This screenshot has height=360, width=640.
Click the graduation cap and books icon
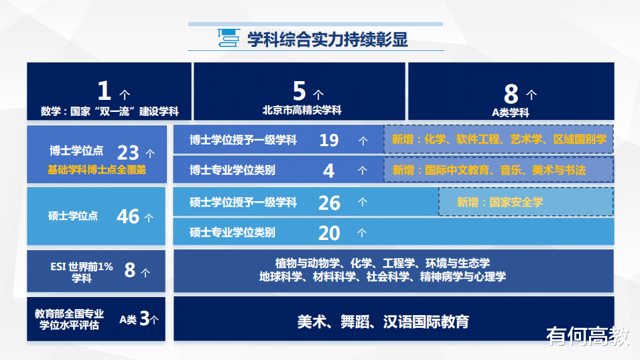[228, 38]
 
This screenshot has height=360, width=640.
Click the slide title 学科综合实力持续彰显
[327, 40]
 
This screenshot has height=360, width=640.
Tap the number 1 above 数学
[105, 91]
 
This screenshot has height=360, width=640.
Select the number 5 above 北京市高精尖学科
[299, 91]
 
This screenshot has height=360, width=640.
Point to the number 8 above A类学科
[511, 94]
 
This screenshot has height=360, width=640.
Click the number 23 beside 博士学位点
[128, 153]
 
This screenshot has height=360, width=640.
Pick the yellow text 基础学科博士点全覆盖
[97, 170]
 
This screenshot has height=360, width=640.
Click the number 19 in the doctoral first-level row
[329, 140]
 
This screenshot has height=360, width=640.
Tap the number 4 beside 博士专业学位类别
[328, 170]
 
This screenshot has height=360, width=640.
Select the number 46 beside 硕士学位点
[128, 217]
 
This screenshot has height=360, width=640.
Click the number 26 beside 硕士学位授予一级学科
[329, 203]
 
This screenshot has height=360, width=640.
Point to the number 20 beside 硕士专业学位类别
[329, 233]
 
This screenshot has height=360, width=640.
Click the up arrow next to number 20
[362, 233]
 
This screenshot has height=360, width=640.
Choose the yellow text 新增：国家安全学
[499, 202]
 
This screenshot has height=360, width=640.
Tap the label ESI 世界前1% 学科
[82, 272]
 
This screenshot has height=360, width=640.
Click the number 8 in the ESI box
[130, 269]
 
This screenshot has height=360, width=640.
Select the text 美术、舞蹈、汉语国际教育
[383, 322]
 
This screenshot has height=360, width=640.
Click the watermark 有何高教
[588, 336]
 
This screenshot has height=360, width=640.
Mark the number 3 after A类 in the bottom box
[145, 318]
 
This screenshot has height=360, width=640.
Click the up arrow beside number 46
[149, 218]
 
